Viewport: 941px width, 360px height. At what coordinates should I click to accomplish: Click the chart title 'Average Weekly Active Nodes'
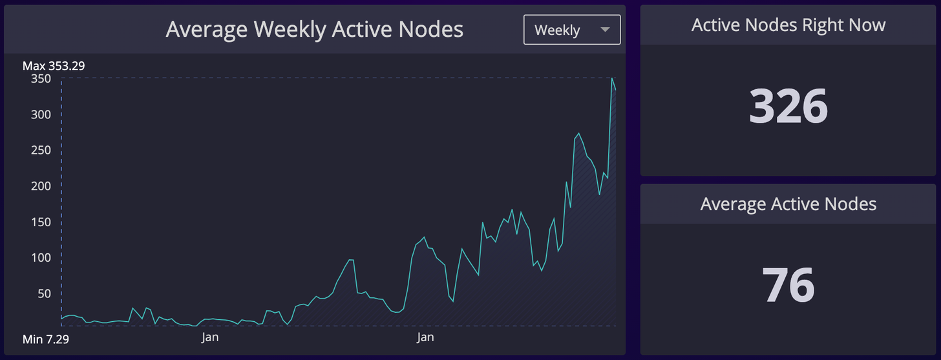[x=314, y=30]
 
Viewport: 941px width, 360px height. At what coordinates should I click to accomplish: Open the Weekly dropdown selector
[x=571, y=30]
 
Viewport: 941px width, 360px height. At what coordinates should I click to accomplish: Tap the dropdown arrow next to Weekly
[x=605, y=30]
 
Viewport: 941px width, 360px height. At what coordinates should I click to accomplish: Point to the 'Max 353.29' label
[x=54, y=66]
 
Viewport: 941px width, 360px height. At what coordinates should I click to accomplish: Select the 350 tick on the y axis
[x=41, y=79]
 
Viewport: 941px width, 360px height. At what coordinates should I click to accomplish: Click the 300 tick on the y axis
[x=41, y=114]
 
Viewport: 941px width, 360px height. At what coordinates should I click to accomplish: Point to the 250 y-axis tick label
[x=41, y=150]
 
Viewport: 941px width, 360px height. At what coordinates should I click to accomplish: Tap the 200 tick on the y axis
[x=41, y=186]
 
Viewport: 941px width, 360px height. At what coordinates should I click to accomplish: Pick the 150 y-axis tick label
[x=41, y=222]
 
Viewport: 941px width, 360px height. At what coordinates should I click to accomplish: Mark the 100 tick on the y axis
[x=41, y=257]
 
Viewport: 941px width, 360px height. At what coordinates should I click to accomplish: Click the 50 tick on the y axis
[x=43, y=293]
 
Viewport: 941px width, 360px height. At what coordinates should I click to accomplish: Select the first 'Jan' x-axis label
[x=209, y=337]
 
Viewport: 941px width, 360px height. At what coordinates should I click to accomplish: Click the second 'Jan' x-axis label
[x=425, y=337]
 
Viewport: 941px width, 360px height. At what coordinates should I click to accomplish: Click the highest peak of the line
[x=611, y=79]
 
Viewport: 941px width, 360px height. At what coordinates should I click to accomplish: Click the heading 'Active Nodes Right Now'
[x=788, y=25]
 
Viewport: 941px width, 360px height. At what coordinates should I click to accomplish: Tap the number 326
[x=788, y=107]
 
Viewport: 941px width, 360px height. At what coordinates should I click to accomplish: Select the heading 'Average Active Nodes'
[x=788, y=204]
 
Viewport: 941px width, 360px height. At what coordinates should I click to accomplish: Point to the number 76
[x=788, y=285]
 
